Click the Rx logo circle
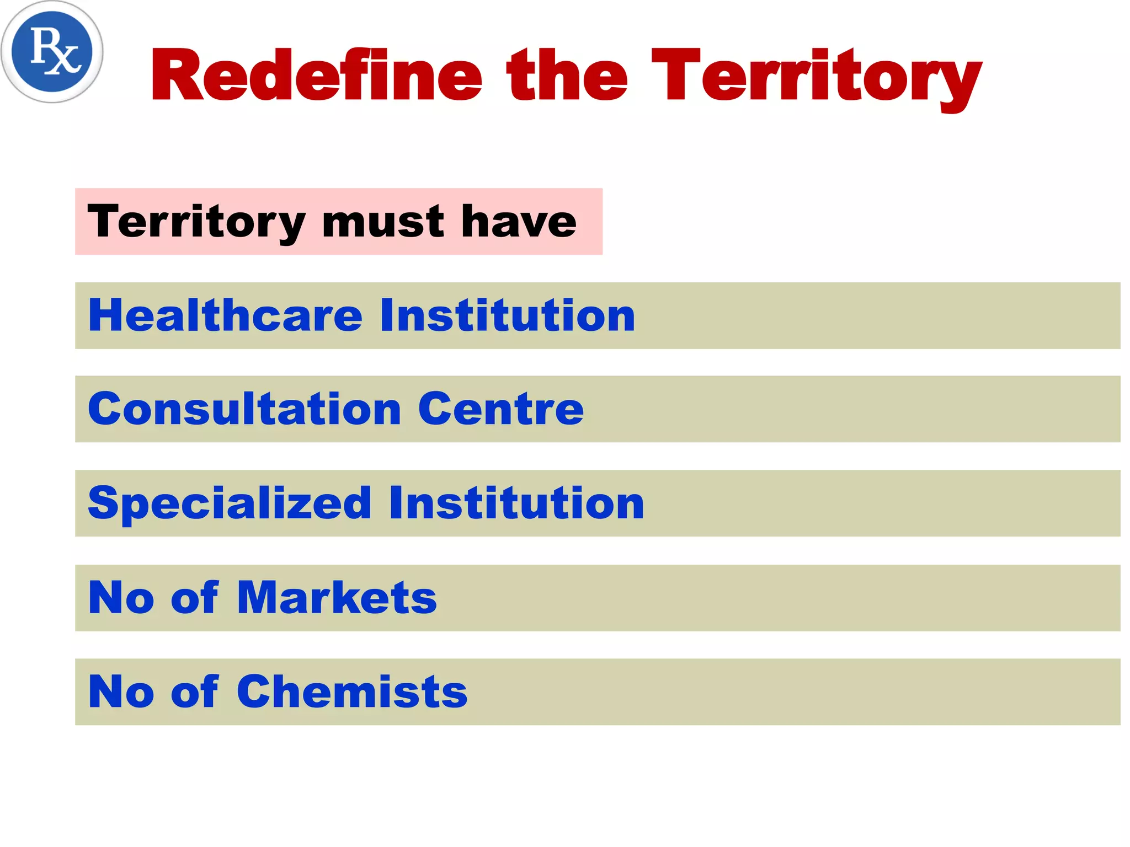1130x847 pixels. [52, 52]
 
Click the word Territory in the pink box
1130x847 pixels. [196, 222]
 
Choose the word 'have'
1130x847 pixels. [519, 222]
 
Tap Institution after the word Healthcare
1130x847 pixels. [508, 315]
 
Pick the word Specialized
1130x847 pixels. [230, 503]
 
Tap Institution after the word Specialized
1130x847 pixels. [516, 503]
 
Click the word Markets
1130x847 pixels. [337, 598]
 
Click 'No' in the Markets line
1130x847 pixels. [121, 598]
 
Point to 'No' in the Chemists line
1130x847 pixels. [121, 692]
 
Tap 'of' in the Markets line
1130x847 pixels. [195, 598]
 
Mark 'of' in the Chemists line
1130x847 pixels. [195, 692]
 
